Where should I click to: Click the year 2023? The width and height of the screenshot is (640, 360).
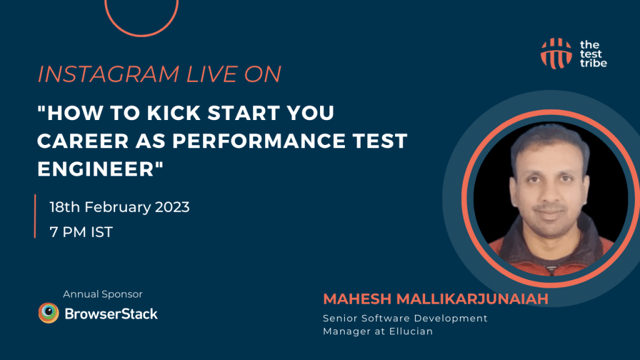(171, 207)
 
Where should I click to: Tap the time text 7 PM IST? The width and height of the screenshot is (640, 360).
(81, 232)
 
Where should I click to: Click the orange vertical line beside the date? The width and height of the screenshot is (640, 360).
(35, 216)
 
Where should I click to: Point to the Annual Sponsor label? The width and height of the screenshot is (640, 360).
(102, 294)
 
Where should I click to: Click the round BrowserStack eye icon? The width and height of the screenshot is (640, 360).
(48, 313)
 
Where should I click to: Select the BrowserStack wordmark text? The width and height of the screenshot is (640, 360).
(111, 313)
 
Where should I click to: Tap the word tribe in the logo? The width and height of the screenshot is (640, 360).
(593, 62)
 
